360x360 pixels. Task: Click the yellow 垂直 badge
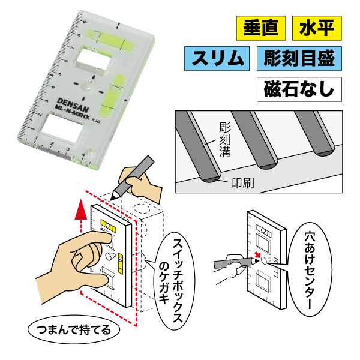point(257,28)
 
